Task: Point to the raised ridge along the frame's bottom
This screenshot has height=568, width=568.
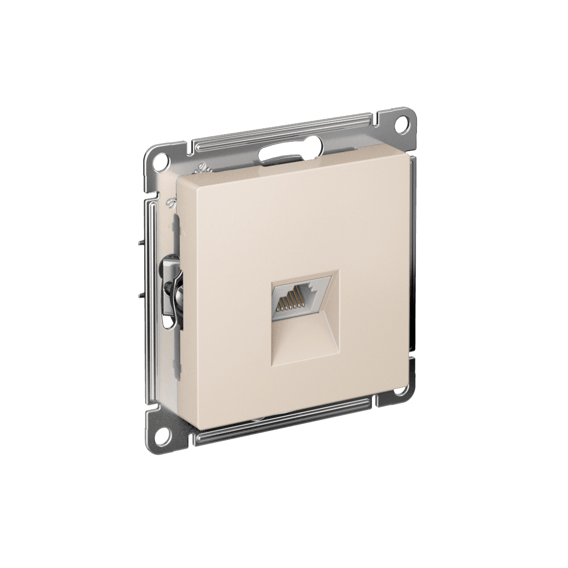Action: pos(291,424)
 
